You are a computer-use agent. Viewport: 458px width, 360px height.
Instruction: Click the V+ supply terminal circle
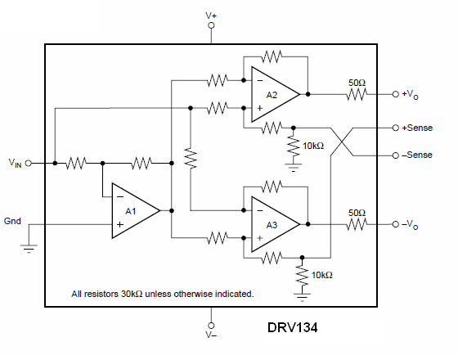(x=211, y=25)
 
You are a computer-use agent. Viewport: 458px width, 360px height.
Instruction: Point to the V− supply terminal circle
(x=211, y=326)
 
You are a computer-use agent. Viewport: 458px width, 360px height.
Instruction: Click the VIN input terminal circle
(x=29, y=163)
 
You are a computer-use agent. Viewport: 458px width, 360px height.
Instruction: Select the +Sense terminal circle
(x=396, y=128)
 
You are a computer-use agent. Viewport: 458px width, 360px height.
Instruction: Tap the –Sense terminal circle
(x=396, y=155)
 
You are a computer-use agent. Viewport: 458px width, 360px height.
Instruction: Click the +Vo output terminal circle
(x=396, y=94)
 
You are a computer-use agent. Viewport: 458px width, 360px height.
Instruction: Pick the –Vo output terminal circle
(x=396, y=224)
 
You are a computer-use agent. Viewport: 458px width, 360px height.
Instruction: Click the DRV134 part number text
(x=293, y=327)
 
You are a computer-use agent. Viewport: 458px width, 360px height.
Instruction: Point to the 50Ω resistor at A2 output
(x=357, y=94)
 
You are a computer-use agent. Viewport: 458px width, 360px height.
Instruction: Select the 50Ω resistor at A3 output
(x=357, y=224)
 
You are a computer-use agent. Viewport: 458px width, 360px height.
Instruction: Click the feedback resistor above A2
(x=272, y=56)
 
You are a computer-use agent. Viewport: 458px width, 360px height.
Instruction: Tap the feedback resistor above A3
(x=272, y=187)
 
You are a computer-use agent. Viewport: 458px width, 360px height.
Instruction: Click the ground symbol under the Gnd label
(x=29, y=248)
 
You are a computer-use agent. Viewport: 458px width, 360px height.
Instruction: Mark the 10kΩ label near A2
(x=313, y=146)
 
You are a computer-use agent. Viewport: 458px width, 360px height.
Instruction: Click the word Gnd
(x=12, y=221)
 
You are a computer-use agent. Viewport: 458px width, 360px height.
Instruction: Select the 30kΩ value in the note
(x=132, y=294)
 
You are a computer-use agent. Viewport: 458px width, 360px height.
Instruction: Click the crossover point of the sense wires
(x=342, y=142)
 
